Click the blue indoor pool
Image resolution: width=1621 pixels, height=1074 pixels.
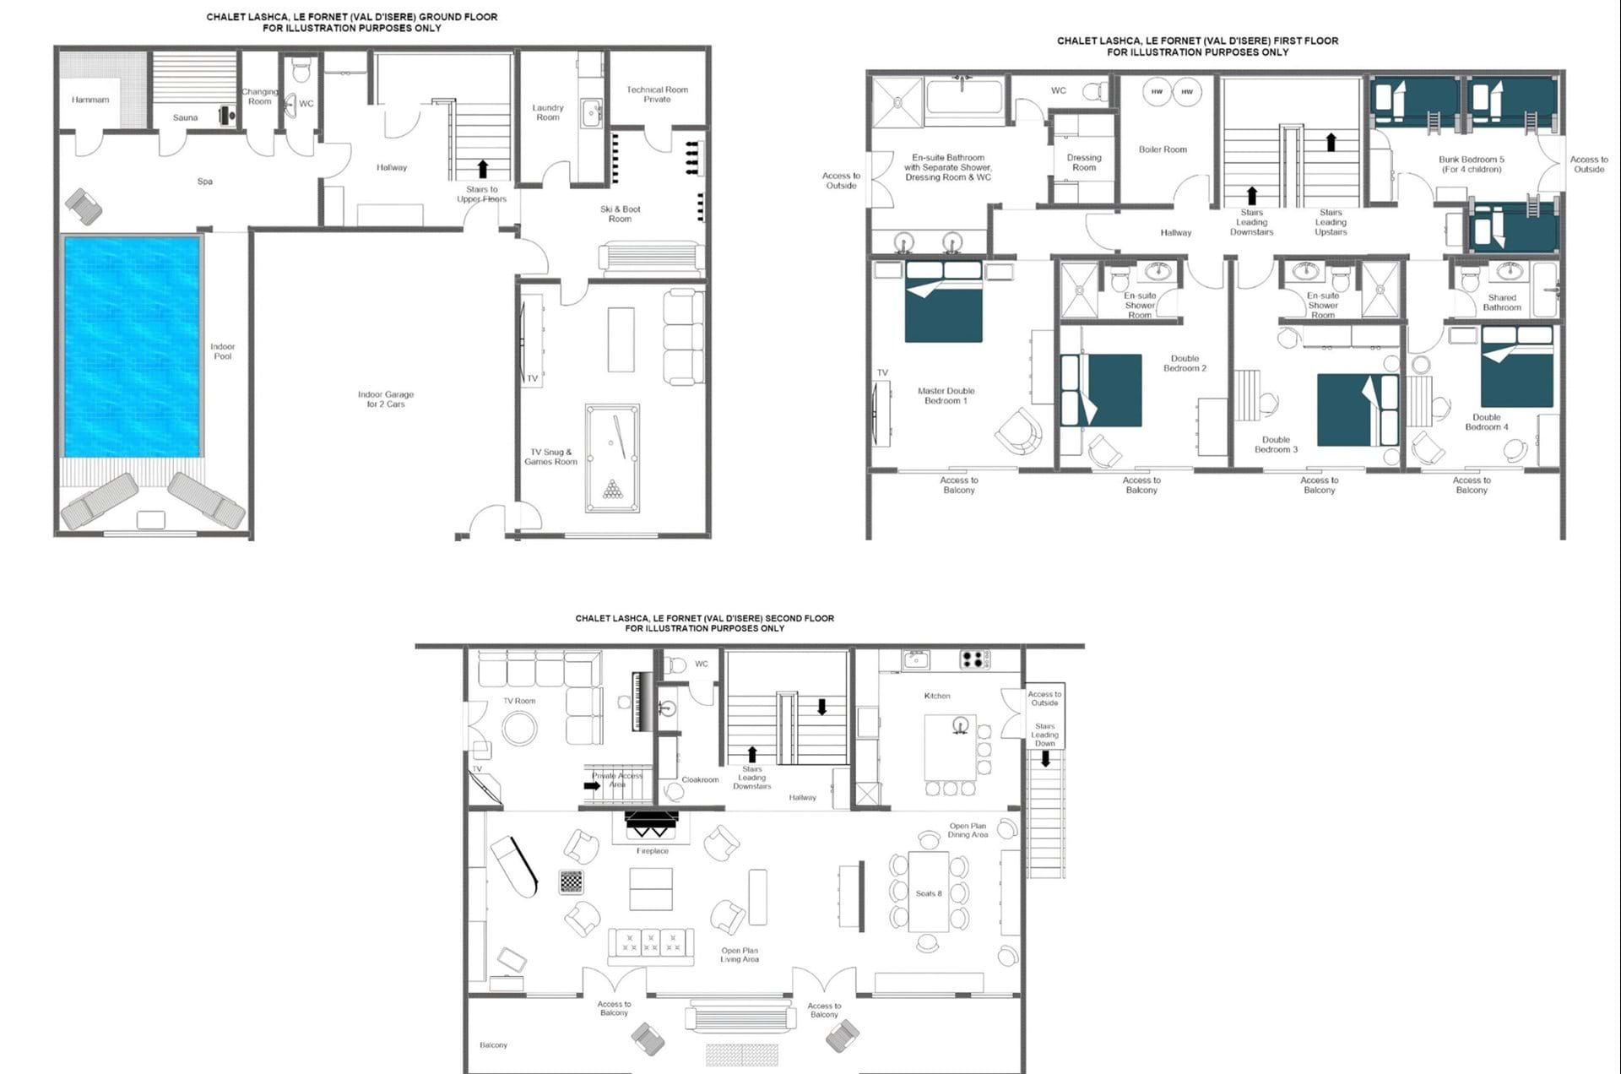click(133, 347)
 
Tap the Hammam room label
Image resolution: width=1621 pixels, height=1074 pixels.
click(90, 100)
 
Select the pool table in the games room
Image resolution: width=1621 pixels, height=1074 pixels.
click(612, 458)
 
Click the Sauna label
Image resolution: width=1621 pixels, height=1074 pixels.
click(185, 117)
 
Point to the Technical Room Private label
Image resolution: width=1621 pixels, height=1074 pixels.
click(657, 94)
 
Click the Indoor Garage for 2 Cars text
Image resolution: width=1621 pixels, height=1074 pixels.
click(386, 399)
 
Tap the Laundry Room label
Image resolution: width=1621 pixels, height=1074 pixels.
click(548, 112)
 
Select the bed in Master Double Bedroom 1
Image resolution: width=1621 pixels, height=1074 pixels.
click(944, 301)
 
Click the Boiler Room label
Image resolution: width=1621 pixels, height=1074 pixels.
click(1163, 149)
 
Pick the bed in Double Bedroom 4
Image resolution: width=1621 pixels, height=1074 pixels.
click(1517, 367)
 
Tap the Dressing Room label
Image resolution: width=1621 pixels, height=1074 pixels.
click(1084, 162)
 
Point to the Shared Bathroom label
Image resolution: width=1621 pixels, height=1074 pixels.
click(1502, 302)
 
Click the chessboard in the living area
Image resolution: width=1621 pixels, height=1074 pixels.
click(572, 882)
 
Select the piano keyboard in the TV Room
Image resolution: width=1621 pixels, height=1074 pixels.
click(641, 701)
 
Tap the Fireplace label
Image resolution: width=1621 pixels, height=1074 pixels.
click(653, 851)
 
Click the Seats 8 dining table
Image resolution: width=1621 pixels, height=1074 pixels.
click(929, 892)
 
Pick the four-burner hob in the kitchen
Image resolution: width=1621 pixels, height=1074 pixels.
click(973, 659)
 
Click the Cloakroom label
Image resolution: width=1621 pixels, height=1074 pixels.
click(700, 779)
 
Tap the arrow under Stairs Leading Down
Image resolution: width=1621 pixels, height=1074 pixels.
click(1045, 758)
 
